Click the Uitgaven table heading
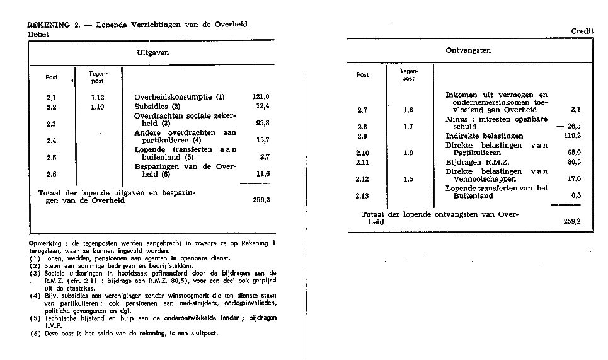click(x=152, y=54)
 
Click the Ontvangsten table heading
click(x=468, y=50)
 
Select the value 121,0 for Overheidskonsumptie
click(x=260, y=97)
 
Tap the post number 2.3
click(x=52, y=124)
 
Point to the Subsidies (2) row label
click(x=158, y=107)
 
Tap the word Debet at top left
click(x=38, y=35)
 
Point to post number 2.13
click(x=362, y=196)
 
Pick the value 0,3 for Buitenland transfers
click(x=575, y=195)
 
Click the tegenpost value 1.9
click(x=408, y=153)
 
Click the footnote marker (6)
click(x=35, y=334)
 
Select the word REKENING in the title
click(x=49, y=25)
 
